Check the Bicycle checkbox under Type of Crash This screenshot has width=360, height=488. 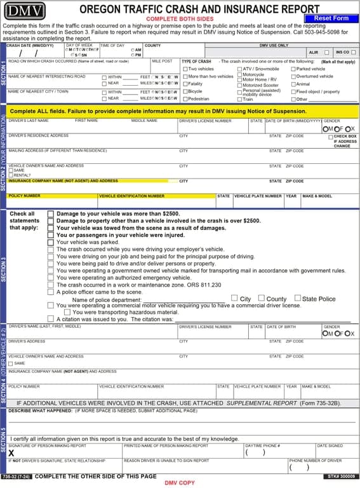point(184,91)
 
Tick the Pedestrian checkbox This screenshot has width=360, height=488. point(184,99)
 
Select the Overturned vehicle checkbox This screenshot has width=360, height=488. point(293,76)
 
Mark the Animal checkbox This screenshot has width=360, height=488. point(293,84)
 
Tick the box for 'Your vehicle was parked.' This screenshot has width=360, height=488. point(51,242)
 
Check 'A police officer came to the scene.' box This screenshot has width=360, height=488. point(51,292)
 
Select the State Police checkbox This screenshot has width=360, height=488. point(298,299)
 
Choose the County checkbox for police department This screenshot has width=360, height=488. point(262,299)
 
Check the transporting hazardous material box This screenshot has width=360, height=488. point(67,312)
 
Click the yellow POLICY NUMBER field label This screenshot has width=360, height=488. point(24,196)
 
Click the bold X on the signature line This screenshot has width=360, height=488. point(11,453)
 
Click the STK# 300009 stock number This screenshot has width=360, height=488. point(342,476)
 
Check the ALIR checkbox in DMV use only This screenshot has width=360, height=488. point(326,53)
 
